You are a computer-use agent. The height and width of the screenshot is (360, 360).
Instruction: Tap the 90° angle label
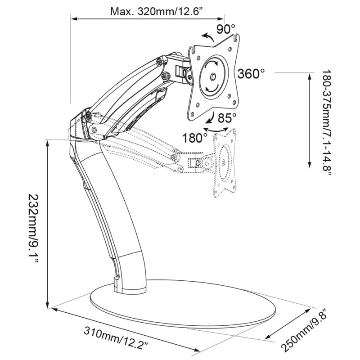click(x=226, y=30)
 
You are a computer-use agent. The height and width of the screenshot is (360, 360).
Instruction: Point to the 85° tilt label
click(x=226, y=118)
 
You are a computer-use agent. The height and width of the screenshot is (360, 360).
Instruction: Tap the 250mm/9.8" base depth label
click(x=304, y=332)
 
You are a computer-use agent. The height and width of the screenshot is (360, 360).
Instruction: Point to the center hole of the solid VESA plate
click(x=213, y=76)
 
